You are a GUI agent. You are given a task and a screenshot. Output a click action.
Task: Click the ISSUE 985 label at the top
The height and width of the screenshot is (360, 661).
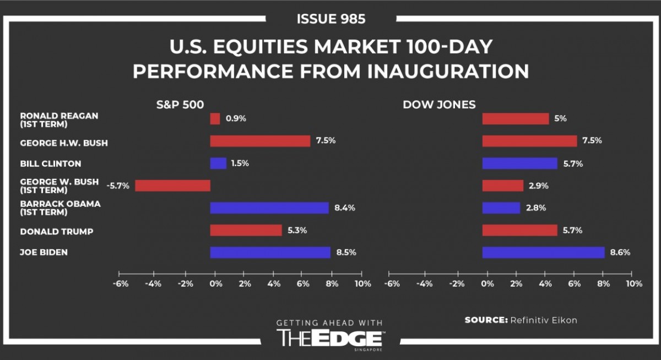(330, 19)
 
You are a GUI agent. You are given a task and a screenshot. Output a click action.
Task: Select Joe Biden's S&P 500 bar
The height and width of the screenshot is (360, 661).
(270, 253)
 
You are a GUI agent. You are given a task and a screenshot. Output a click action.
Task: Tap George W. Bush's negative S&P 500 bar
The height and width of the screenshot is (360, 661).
(172, 186)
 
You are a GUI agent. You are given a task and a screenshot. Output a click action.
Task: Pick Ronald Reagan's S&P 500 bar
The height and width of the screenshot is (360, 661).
(215, 118)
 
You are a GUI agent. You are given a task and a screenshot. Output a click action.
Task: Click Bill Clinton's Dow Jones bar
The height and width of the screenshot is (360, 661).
(520, 163)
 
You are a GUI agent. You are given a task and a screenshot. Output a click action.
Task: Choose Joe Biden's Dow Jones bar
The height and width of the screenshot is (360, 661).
(543, 253)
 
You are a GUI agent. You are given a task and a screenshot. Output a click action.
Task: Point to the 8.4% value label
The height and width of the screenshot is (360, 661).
(345, 208)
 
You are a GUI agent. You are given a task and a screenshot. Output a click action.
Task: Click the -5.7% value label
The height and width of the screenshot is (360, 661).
(118, 186)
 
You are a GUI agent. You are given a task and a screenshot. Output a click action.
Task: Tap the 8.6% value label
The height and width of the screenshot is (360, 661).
(620, 253)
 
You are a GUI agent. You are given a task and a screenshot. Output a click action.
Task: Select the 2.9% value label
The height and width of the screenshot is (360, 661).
(539, 186)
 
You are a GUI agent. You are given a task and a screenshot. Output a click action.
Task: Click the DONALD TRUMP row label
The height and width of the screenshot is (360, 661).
(57, 231)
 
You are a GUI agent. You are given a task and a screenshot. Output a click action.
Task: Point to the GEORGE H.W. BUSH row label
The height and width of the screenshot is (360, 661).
(64, 143)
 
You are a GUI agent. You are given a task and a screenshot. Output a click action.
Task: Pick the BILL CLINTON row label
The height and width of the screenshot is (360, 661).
(51, 163)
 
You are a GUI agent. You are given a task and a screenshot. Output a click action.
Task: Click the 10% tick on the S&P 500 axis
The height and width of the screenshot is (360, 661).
(362, 284)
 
